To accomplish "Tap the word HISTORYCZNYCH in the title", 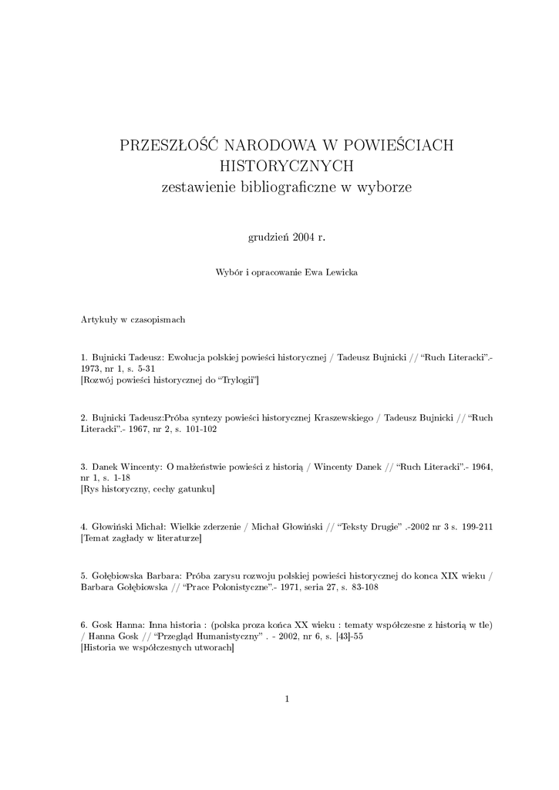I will [x=286, y=166].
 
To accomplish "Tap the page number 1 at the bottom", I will [x=286, y=699].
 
